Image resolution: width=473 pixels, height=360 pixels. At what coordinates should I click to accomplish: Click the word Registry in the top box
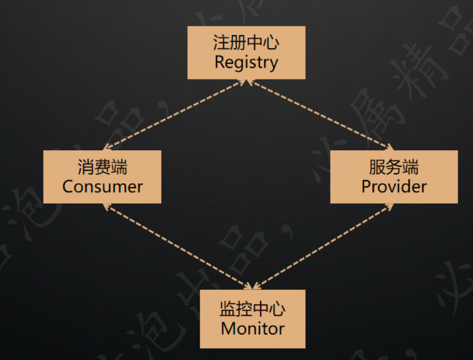coord(246,62)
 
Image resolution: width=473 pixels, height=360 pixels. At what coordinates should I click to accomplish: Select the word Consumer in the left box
coord(103,186)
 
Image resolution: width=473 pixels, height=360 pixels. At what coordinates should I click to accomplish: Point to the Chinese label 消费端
coord(103,167)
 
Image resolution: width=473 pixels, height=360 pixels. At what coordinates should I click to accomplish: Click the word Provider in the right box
coord(394,186)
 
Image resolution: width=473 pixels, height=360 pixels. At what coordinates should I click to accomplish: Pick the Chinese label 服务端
coord(394,167)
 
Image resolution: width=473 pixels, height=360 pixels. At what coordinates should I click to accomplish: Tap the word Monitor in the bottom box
coord(252,329)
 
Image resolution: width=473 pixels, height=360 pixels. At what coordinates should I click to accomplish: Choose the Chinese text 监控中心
coord(252,309)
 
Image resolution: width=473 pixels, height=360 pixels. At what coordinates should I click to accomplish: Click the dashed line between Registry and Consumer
coord(173,115)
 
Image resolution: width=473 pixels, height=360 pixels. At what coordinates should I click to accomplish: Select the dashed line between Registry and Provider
coord(320,115)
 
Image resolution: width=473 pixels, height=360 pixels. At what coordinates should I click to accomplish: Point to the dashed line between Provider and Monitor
coord(323,246)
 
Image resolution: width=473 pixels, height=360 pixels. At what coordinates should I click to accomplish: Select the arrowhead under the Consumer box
coord(107,206)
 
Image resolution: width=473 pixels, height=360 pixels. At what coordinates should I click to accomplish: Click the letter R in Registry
coord(220,62)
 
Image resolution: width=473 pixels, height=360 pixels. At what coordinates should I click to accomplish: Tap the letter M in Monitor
coord(228,329)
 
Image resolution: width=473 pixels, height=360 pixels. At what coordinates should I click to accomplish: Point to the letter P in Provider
coord(366,186)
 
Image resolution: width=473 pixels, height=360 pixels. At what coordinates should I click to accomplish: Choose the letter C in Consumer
coord(68,186)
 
